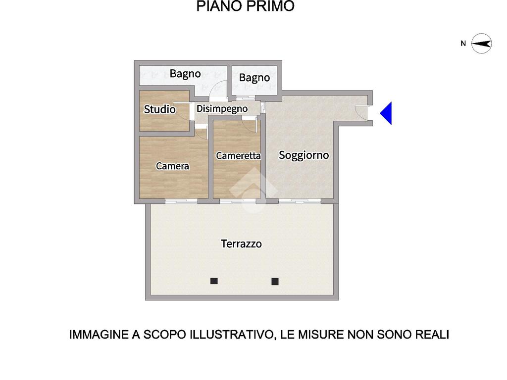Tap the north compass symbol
pos(481,44)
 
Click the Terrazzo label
pos(241,243)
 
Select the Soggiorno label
pos(304,155)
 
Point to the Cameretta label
pos(238,156)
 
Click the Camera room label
pos(172,166)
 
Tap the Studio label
pos(159,109)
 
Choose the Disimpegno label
pos(222,109)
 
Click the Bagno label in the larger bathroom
pos(185,74)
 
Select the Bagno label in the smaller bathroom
pos(254,78)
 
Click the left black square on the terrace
pos(214,281)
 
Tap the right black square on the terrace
pos(275,282)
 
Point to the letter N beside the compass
pos(463,44)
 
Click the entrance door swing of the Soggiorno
pos(360,110)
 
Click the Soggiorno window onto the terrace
pos(300,201)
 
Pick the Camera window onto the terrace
pos(181,201)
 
